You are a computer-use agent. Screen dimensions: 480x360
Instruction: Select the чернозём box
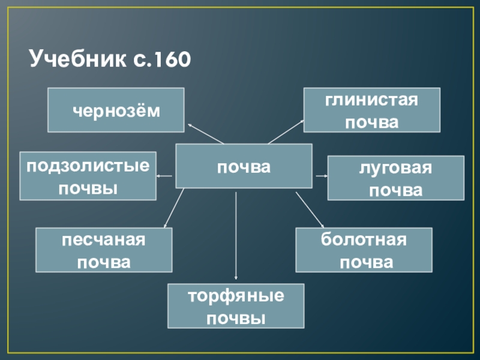[x=116, y=110]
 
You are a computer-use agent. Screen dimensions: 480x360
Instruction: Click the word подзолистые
[x=88, y=166]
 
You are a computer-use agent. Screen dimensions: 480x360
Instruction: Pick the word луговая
[x=395, y=169]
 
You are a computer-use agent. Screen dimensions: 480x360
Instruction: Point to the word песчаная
[x=104, y=240]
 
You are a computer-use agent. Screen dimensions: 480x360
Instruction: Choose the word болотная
[x=364, y=240]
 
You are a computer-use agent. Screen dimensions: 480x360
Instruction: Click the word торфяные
[x=236, y=296]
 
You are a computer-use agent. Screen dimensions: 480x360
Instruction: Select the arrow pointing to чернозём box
[x=205, y=133]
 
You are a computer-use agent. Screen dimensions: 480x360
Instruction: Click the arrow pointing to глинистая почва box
[x=286, y=132]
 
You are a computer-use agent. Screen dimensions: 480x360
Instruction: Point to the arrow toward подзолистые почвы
[x=165, y=176]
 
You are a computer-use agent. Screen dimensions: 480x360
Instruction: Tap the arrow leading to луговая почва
[x=320, y=176]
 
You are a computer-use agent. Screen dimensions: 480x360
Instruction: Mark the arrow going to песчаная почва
[x=173, y=209]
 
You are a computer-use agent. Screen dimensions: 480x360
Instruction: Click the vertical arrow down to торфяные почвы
[x=236, y=237]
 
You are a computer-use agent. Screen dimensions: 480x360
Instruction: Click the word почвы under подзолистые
[x=88, y=188]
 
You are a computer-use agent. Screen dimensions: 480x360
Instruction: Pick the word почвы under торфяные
[x=236, y=317]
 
